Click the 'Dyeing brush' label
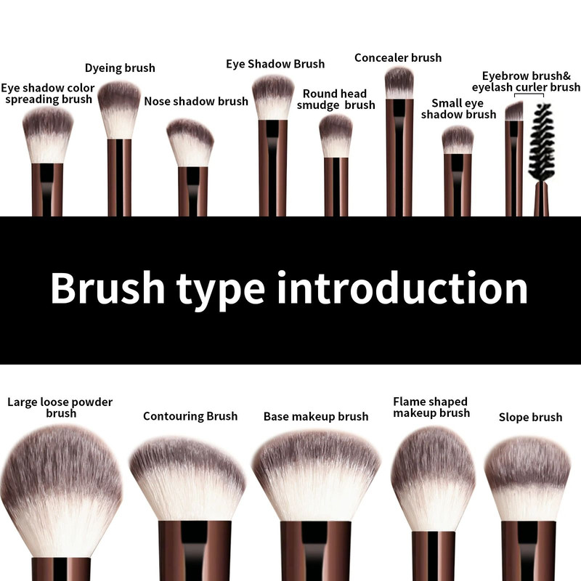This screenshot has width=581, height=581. coord(120,68)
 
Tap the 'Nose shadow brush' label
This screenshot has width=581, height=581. coord(196,101)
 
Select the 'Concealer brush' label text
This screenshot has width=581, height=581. coord(398,57)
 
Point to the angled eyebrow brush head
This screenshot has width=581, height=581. coord(514,111)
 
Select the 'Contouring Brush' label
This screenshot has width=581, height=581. coord(190,416)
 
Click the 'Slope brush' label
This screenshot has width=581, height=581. coord(530,417)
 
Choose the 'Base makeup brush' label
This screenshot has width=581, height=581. coord(316,417)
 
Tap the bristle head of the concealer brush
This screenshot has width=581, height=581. coord(399,83)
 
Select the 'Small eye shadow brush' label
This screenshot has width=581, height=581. coord(459,108)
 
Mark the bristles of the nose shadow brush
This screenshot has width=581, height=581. coord(190,142)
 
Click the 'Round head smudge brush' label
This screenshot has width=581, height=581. coord(336,99)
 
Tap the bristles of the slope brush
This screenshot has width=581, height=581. coord(528,479)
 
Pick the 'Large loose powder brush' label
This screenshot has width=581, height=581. coord(60,407)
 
